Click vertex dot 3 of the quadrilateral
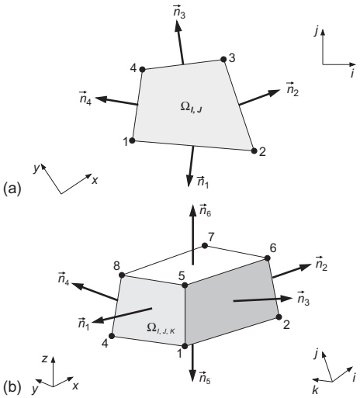[x=223, y=60]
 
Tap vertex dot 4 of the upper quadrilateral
[x=142, y=69]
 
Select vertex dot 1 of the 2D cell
[x=132, y=140]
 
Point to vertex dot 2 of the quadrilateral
[x=254, y=151]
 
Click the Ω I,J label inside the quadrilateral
[x=192, y=108]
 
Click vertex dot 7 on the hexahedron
[x=205, y=246]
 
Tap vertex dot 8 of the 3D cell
[x=123, y=275]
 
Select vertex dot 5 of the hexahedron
[x=185, y=286]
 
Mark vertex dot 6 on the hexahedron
[x=268, y=258]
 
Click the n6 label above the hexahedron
[x=205, y=210]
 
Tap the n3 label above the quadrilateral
[x=179, y=12]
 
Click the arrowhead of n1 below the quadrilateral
[x=190, y=180]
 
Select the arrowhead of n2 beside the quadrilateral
[x=273, y=92]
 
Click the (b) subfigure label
[x=12, y=387]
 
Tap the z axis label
[x=44, y=358]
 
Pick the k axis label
[x=315, y=390]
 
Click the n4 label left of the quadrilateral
[x=85, y=98]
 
